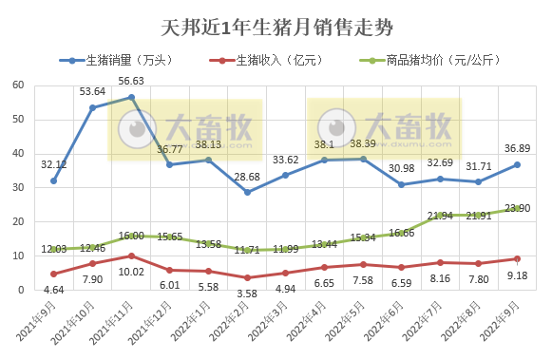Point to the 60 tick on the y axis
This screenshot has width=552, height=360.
click(18, 85)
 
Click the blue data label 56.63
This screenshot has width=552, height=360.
click(131, 82)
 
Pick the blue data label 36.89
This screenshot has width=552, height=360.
click(517, 148)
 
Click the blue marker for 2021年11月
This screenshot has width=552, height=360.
click(131, 97)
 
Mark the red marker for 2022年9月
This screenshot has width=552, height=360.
click(517, 258)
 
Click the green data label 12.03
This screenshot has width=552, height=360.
click(53, 249)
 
